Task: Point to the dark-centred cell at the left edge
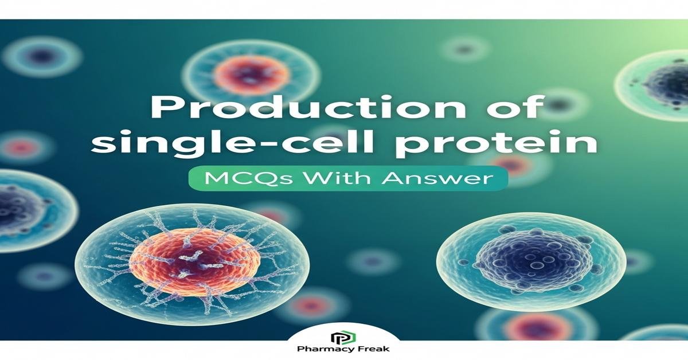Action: coord(23,207)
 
